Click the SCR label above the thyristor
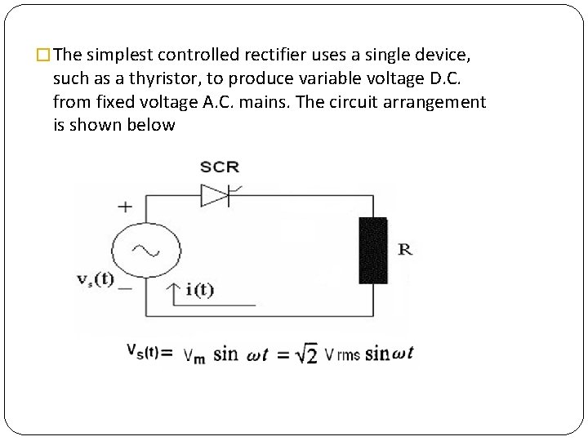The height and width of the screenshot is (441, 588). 220,167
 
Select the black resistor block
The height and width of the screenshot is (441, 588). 373,251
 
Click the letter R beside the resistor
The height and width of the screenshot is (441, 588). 405,249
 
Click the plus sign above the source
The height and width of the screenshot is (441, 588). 126,207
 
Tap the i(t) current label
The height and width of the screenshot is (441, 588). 199,290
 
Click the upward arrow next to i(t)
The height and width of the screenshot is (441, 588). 174,292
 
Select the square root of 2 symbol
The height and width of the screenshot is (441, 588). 307,354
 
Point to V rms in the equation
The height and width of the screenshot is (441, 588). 342,354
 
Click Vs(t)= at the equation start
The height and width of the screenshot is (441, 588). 150,352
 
